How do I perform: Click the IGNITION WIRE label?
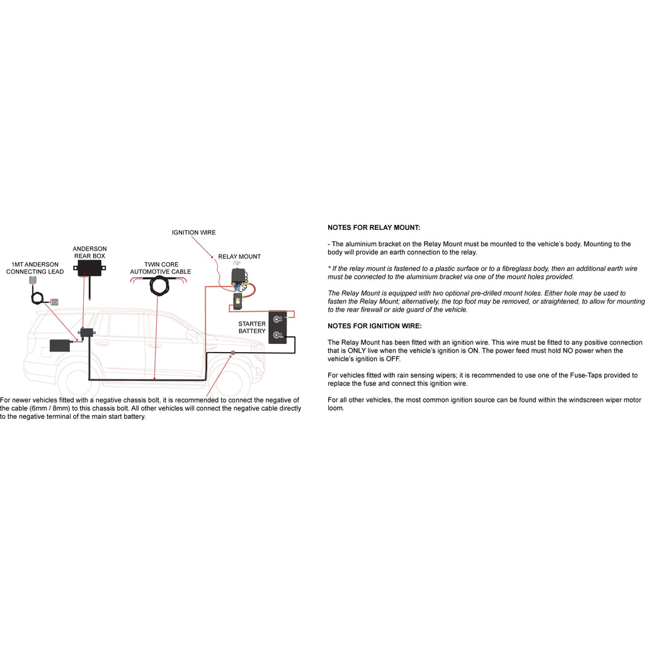click(193, 232)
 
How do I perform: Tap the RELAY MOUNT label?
click(239, 256)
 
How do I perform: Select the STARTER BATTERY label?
click(252, 328)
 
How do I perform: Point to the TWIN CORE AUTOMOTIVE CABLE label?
click(161, 268)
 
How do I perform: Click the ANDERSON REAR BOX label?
click(89, 253)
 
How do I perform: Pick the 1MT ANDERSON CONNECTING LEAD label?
click(35, 268)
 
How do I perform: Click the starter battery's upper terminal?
click(277, 319)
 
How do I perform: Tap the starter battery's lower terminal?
click(277, 335)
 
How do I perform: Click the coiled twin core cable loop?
click(161, 286)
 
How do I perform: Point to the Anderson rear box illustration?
click(89, 270)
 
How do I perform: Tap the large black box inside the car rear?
click(60, 345)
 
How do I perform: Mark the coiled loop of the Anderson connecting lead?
click(40, 297)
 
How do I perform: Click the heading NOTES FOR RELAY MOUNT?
click(374, 227)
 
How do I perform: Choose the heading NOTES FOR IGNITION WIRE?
click(375, 326)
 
